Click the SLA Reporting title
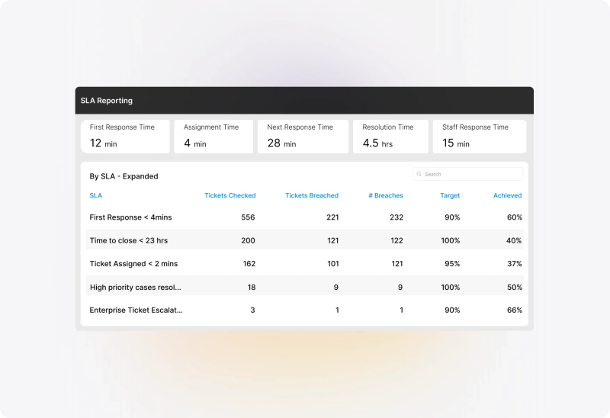pyautogui.click(x=106, y=101)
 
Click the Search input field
pyautogui.click(x=468, y=174)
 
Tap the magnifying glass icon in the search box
pyautogui.click(x=419, y=174)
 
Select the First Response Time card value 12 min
pyautogui.click(x=103, y=143)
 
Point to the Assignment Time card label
pyautogui.click(x=211, y=127)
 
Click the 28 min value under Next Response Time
pyautogui.click(x=281, y=143)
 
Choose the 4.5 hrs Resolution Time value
pyautogui.click(x=377, y=143)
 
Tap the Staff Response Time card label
pyautogui.click(x=475, y=127)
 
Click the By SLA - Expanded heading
pyautogui.click(x=124, y=176)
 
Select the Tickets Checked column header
pyautogui.click(x=230, y=195)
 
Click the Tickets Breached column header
pyautogui.click(x=312, y=195)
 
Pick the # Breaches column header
pyautogui.click(x=386, y=195)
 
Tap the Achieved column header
pyautogui.click(x=507, y=195)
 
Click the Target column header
pyautogui.click(x=450, y=195)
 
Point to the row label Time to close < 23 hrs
pyautogui.click(x=129, y=240)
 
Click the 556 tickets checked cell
pyautogui.click(x=249, y=217)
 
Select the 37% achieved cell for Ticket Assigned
pyautogui.click(x=514, y=263)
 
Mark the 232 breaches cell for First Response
pyautogui.click(x=396, y=217)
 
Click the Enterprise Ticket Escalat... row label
pyautogui.click(x=136, y=310)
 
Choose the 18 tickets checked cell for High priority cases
pyautogui.click(x=252, y=288)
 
